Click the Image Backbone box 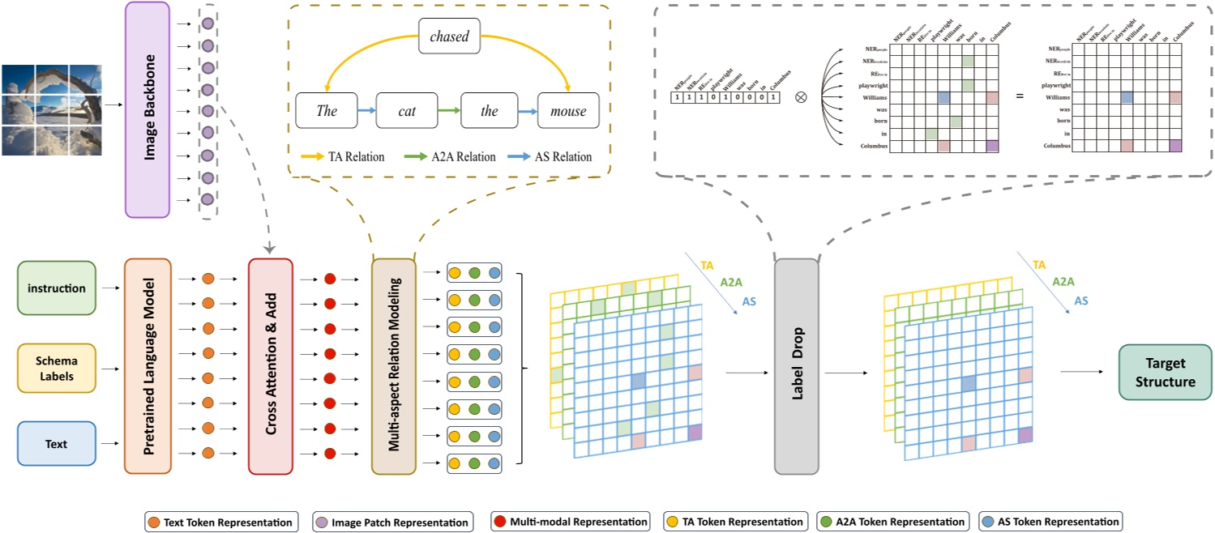[x=148, y=109]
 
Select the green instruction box [x=56, y=288]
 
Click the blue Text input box [x=56, y=444]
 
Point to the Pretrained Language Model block [x=148, y=366]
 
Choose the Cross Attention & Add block [x=271, y=366]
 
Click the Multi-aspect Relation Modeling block [x=393, y=366]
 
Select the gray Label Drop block [x=796, y=366]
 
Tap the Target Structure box [x=1165, y=372]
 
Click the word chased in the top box [x=450, y=36]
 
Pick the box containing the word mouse [x=567, y=111]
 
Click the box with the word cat [x=407, y=111]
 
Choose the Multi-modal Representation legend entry [x=571, y=522]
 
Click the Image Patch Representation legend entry [x=391, y=522]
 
